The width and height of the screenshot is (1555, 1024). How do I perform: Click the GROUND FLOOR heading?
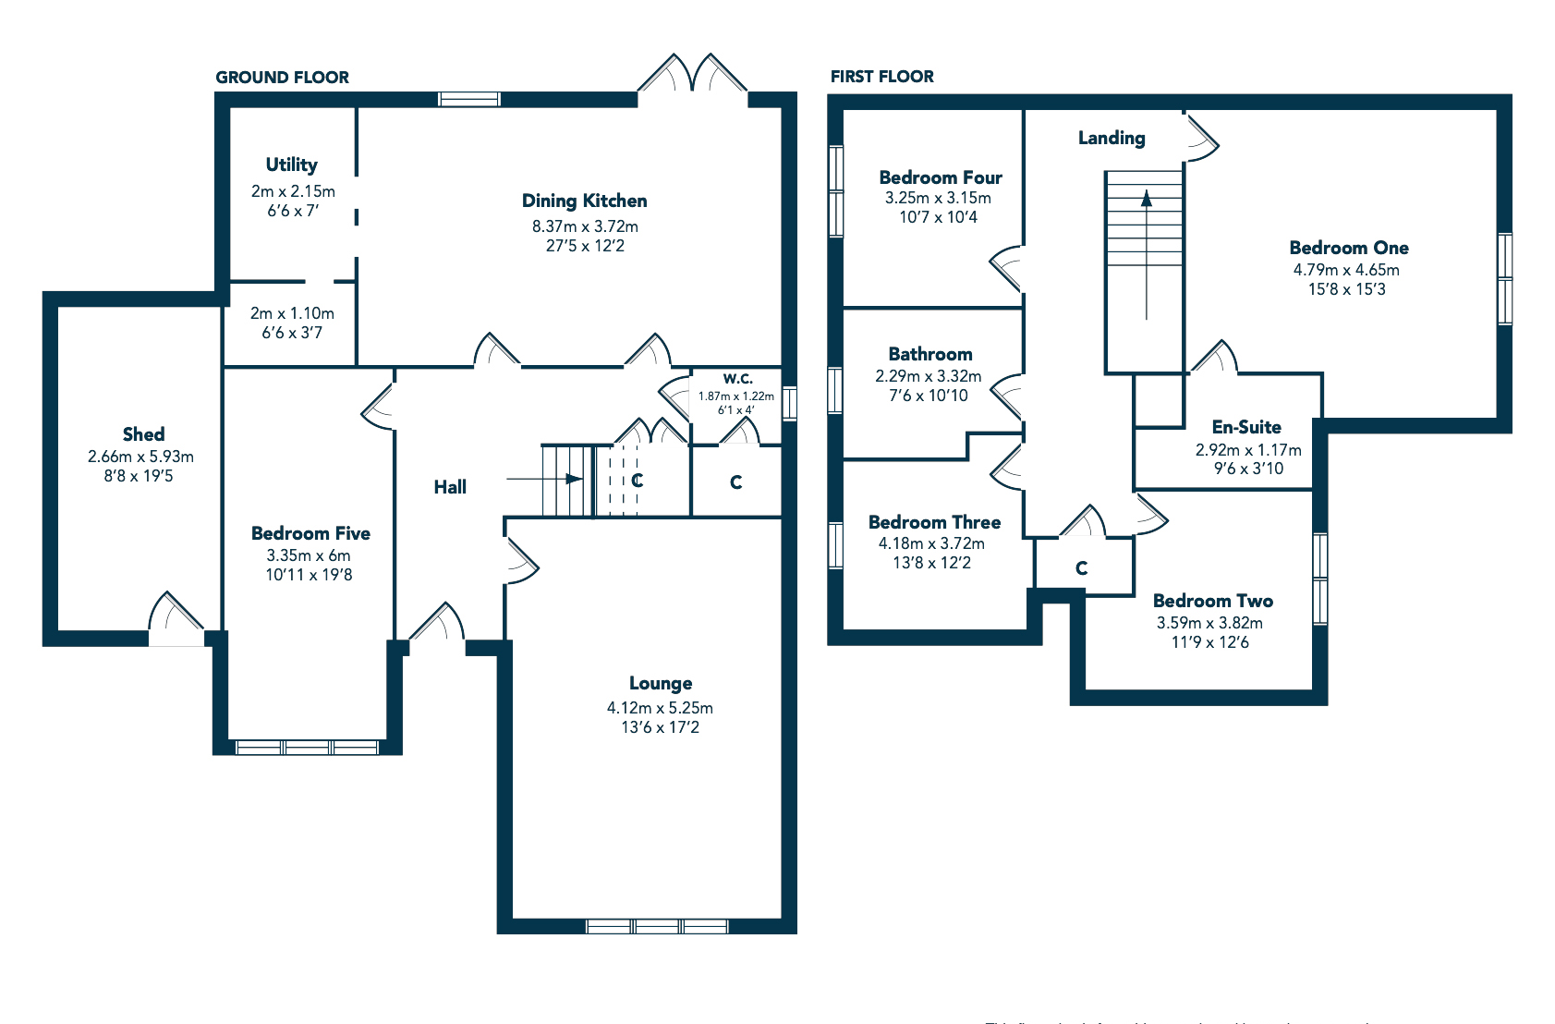(282, 78)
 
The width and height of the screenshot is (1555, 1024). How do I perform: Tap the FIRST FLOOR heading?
(881, 77)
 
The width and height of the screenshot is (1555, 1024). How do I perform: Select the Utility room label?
(292, 165)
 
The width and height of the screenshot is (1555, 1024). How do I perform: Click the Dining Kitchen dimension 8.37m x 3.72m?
(585, 226)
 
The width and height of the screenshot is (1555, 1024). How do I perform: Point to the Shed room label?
(143, 434)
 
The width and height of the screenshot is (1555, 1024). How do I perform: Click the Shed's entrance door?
(176, 618)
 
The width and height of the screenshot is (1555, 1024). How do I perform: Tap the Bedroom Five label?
(310, 533)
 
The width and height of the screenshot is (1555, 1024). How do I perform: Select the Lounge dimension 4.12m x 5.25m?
(660, 708)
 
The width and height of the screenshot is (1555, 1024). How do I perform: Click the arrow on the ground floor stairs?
(574, 479)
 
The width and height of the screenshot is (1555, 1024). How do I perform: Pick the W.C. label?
(737, 379)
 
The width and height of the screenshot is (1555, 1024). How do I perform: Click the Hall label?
(450, 487)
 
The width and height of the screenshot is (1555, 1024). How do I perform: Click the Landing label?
(1112, 139)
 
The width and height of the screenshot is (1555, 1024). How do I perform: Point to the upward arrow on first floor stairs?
(1147, 198)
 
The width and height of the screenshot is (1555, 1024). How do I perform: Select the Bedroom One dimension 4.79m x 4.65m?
(1346, 270)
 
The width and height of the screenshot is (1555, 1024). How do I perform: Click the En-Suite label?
(1246, 427)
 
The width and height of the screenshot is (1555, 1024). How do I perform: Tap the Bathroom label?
(930, 354)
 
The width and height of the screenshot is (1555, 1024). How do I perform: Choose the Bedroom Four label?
(941, 177)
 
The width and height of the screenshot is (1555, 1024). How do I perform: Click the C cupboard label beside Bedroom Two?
(1082, 568)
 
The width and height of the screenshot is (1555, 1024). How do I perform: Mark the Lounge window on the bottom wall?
(657, 926)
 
